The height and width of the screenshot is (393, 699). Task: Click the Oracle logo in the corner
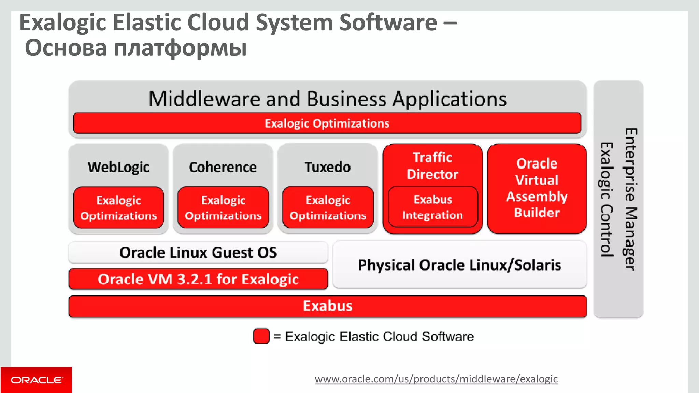[36, 380]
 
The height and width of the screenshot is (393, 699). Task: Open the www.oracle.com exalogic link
[436, 379]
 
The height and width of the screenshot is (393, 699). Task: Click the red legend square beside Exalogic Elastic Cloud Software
[261, 336]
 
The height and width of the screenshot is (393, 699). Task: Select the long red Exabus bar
[328, 306]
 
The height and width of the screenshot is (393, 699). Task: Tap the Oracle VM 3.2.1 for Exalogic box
[198, 279]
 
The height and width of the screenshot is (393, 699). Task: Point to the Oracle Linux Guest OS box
[198, 252]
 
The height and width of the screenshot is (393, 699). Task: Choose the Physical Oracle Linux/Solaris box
[459, 265]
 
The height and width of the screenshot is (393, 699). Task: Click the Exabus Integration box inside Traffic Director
[432, 207]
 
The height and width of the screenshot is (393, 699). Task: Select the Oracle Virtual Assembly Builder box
[537, 188]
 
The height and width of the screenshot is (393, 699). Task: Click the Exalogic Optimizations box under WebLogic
[118, 207]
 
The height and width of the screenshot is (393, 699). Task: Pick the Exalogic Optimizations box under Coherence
[223, 207]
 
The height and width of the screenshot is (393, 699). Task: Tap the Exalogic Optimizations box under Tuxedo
[328, 207]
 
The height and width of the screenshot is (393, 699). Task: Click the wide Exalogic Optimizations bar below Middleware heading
[327, 123]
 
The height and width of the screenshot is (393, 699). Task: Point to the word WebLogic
[118, 167]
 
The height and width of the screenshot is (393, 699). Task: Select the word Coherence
[223, 167]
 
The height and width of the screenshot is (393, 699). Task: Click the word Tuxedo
[328, 167]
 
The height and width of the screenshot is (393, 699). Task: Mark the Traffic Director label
[432, 166]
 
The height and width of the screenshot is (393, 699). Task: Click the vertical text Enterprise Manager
[630, 199]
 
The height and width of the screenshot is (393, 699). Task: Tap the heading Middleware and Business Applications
[328, 99]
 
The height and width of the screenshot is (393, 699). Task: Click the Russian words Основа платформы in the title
[136, 48]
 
